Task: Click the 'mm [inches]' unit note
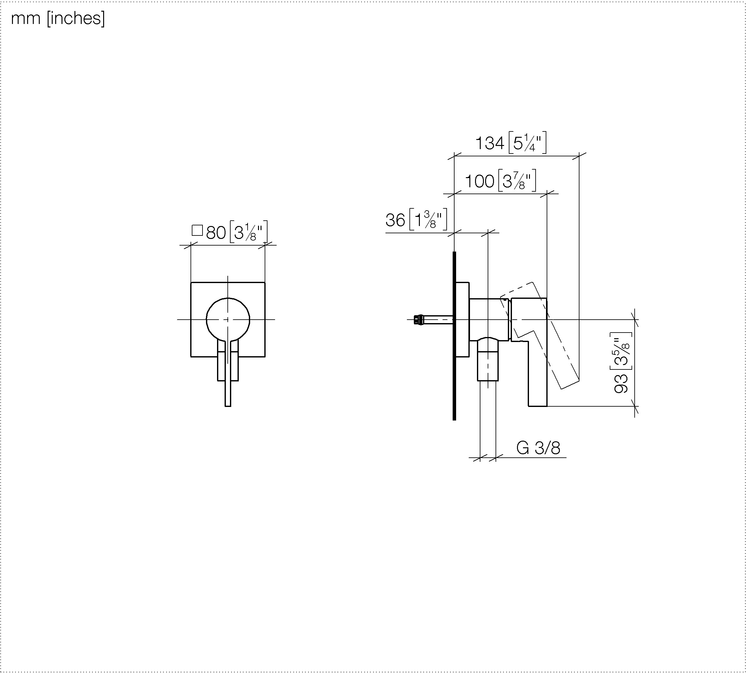pyautogui.click(x=58, y=19)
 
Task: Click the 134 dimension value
pyautogui.click(x=490, y=143)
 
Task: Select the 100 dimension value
pyautogui.click(x=479, y=181)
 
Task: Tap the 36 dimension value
pyautogui.click(x=395, y=220)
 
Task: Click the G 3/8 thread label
pyautogui.click(x=538, y=448)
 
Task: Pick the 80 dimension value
pyautogui.click(x=216, y=233)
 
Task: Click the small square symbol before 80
pyautogui.click(x=197, y=231)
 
